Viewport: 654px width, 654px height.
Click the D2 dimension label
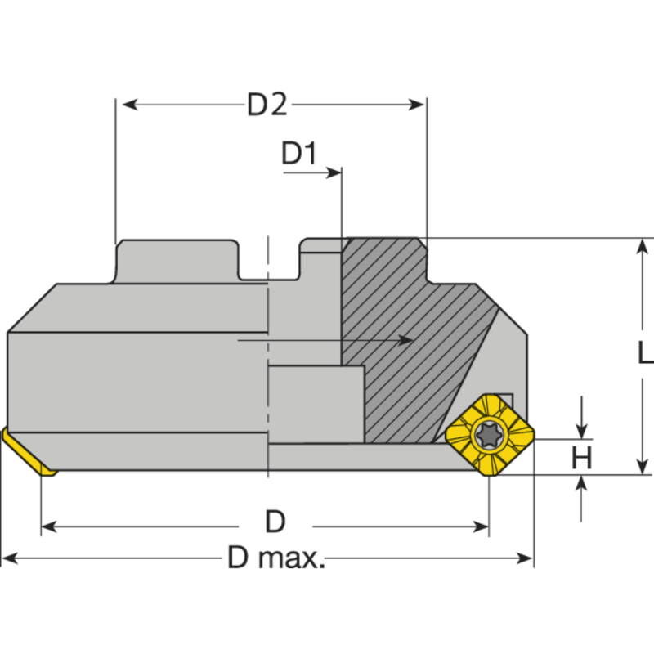(267, 105)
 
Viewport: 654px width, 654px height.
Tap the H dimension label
(581, 458)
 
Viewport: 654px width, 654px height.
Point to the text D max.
(276, 559)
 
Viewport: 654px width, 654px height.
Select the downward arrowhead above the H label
(581, 431)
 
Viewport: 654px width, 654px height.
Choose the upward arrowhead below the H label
(581, 483)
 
